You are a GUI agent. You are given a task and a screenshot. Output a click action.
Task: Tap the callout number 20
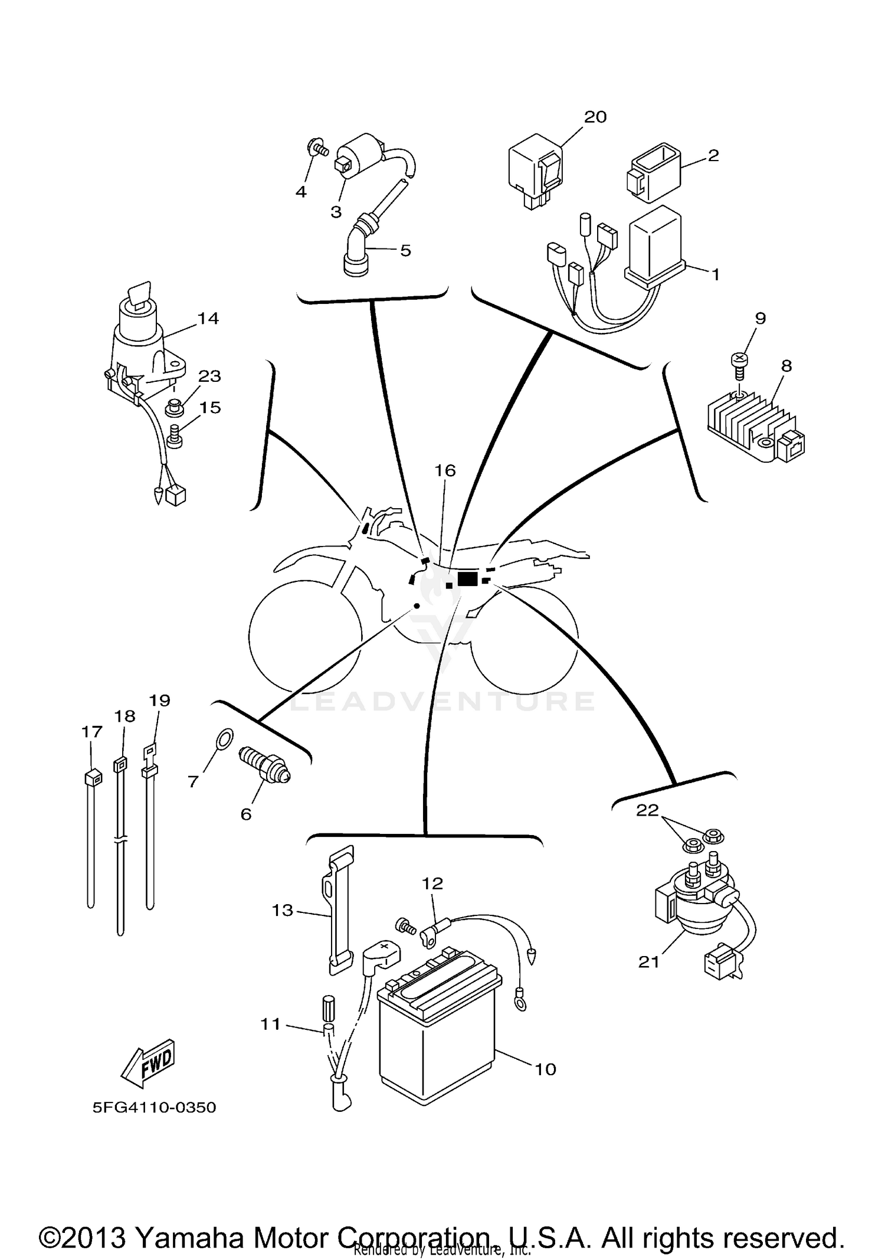[x=595, y=117]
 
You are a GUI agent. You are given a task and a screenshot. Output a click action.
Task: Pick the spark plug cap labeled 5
[x=359, y=248]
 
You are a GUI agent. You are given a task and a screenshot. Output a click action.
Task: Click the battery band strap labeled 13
[x=338, y=909]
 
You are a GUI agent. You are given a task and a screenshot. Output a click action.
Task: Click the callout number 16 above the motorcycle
[x=445, y=470]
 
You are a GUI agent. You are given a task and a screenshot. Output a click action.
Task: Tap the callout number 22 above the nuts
[x=647, y=810]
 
